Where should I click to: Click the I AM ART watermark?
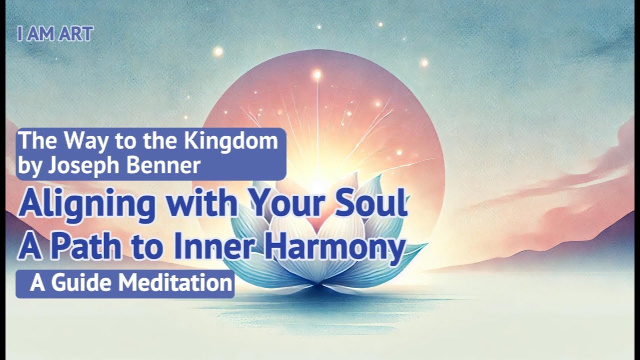click(x=55, y=34)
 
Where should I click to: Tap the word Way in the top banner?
click(x=85, y=141)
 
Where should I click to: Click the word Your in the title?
click(x=282, y=204)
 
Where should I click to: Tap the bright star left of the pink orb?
click(x=217, y=51)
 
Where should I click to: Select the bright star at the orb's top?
click(x=316, y=74)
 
